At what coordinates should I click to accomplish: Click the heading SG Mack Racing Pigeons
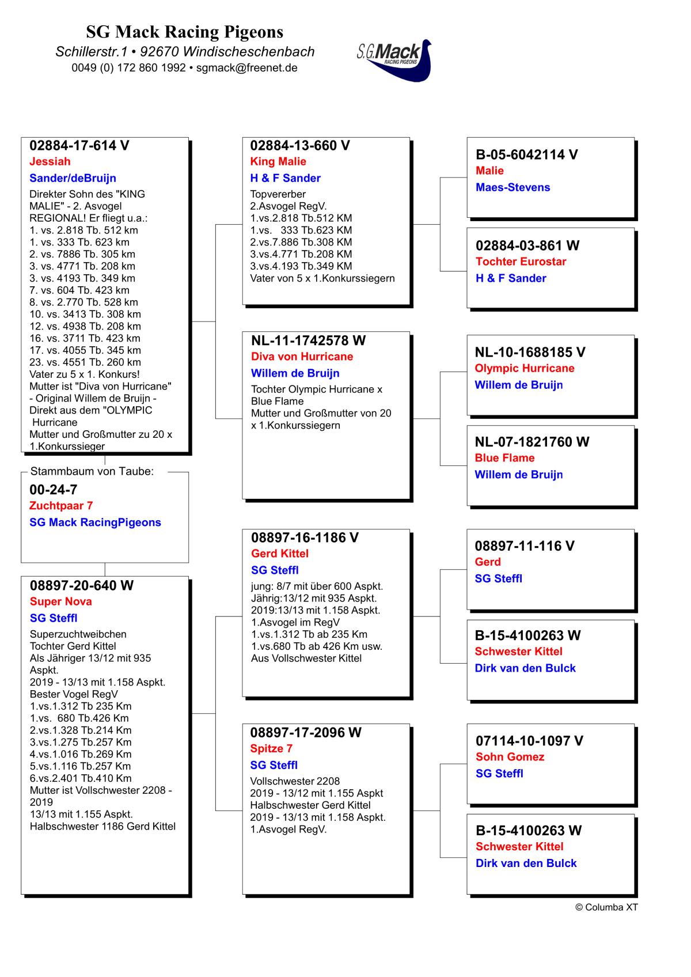pyautogui.click(x=185, y=31)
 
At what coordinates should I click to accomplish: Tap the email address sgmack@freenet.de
pyautogui.click(x=246, y=67)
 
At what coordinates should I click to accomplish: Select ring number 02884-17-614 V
pyautogui.click(x=79, y=146)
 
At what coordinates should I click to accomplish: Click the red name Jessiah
pyautogui.click(x=50, y=161)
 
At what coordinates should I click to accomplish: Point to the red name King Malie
pyautogui.click(x=278, y=161)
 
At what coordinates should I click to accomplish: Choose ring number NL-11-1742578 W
pyautogui.click(x=308, y=340)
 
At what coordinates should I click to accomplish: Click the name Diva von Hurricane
pyautogui.click(x=302, y=357)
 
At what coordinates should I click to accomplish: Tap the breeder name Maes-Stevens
pyautogui.click(x=512, y=187)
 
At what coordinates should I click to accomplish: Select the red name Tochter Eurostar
pyautogui.click(x=521, y=262)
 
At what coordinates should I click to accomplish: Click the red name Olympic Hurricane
pyautogui.click(x=524, y=368)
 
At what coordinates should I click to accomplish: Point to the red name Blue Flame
pyautogui.click(x=504, y=458)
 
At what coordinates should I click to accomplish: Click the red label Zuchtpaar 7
pyautogui.click(x=61, y=506)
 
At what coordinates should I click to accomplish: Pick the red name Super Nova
pyautogui.click(x=61, y=601)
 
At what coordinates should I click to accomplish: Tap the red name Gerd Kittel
pyautogui.click(x=280, y=554)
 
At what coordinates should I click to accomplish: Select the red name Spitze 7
pyautogui.click(x=271, y=749)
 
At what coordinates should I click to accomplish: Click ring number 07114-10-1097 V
pyautogui.click(x=529, y=741)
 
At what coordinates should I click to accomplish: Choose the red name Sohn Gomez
pyautogui.click(x=510, y=757)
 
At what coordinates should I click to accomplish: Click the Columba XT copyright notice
pyautogui.click(x=606, y=907)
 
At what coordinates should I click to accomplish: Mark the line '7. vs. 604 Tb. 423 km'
pyautogui.click(x=79, y=290)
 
